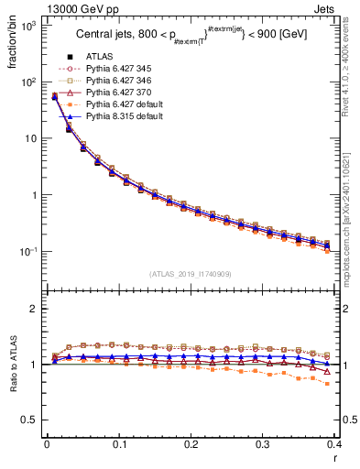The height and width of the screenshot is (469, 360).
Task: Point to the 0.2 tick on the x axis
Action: pyautogui.click(x=191, y=445)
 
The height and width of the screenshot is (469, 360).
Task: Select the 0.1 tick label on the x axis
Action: pyautogui.click(x=119, y=445)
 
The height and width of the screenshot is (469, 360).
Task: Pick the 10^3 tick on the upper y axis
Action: pyautogui.click(x=27, y=26)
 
